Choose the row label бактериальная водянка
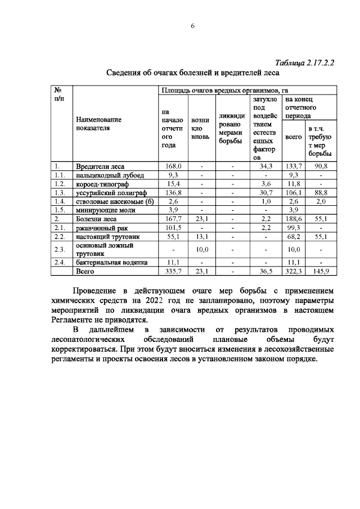111,262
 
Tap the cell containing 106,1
293,192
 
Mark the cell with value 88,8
320,192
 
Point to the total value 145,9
320,271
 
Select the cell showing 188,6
293,218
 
